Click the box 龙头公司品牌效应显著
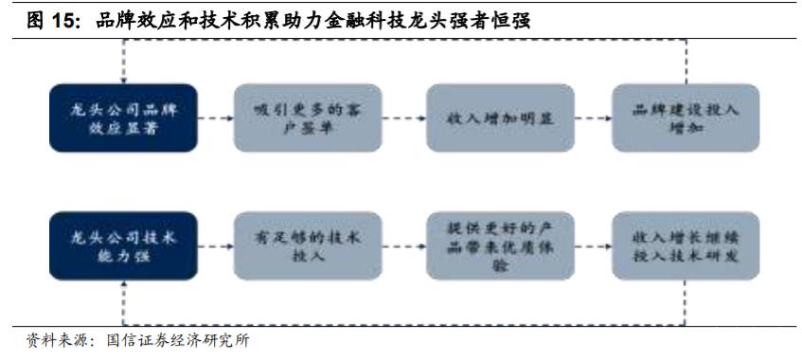click(123, 118)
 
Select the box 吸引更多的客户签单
click(309, 118)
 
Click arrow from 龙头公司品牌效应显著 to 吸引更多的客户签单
click(216, 118)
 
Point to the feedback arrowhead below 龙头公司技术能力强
click(124, 287)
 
